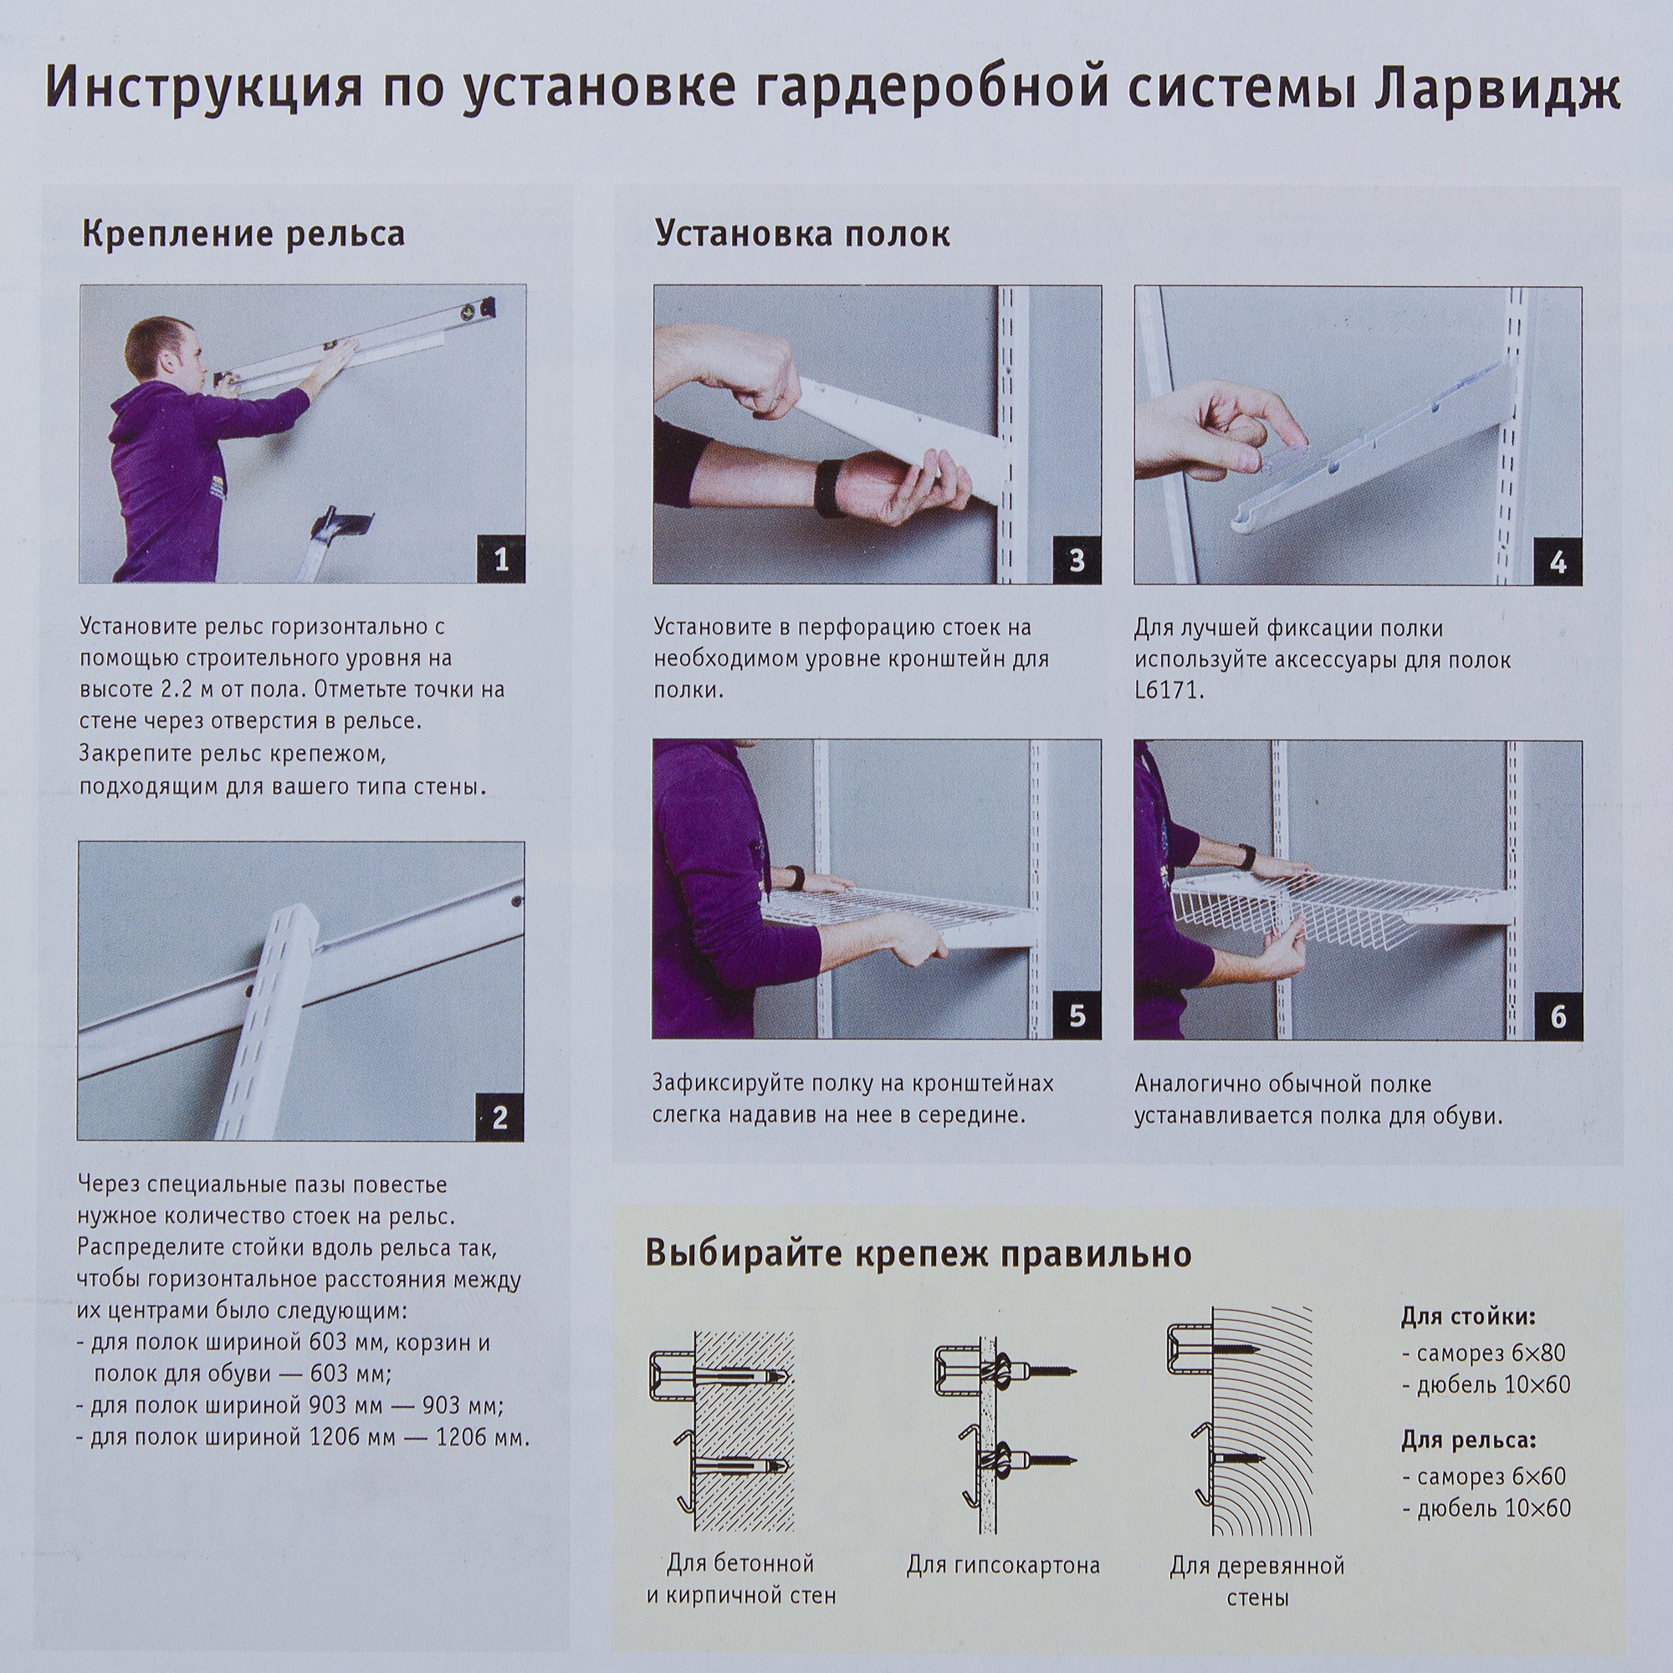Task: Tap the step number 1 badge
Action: (x=500, y=560)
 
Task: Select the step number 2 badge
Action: (x=499, y=1117)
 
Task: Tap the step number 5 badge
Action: (x=1077, y=1016)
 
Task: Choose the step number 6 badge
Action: (x=1558, y=1016)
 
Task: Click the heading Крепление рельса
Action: (x=243, y=235)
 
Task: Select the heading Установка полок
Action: (x=802, y=235)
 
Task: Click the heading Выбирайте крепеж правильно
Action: (x=918, y=1254)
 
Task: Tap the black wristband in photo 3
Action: (x=834, y=489)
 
